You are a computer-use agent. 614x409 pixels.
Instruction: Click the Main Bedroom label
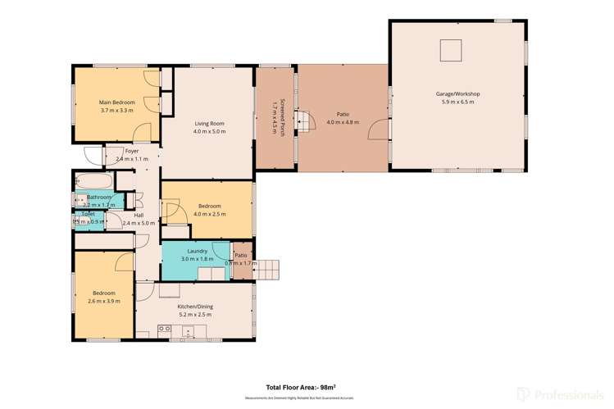(116, 102)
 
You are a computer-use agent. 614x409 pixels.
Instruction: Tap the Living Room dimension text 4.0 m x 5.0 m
(209, 131)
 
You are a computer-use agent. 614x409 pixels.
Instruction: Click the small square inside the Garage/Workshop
(451, 51)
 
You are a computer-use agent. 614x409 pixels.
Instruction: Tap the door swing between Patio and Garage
(378, 130)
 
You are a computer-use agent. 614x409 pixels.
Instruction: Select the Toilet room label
(88, 213)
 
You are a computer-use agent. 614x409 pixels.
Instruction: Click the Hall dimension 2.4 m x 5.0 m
(138, 223)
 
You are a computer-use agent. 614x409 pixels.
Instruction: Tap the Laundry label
(197, 251)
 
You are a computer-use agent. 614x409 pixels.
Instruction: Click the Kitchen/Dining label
(194, 306)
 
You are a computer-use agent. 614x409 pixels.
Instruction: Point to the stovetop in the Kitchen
(164, 329)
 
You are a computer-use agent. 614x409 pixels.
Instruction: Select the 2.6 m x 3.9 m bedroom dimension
(103, 301)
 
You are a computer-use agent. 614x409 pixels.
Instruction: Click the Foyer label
(131, 151)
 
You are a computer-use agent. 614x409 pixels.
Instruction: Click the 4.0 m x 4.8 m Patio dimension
(343, 122)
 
